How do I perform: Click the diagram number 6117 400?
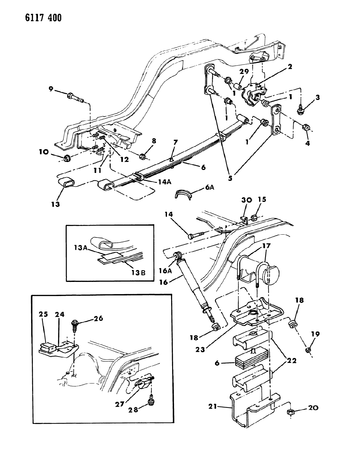[x=43, y=18]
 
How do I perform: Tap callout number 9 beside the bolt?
[x=51, y=89]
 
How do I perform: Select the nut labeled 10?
[x=67, y=158]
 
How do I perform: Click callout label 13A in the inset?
[x=80, y=248]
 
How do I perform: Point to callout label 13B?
[x=138, y=273]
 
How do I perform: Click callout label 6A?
[x=209, y=187]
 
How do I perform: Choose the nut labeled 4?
[x=306, y=127]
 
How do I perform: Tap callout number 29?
[x=244, y=71]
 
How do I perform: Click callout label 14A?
[x=165, y=182]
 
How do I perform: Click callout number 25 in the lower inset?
[x=43, y=314]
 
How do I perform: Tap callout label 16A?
[x=165, y=271]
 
